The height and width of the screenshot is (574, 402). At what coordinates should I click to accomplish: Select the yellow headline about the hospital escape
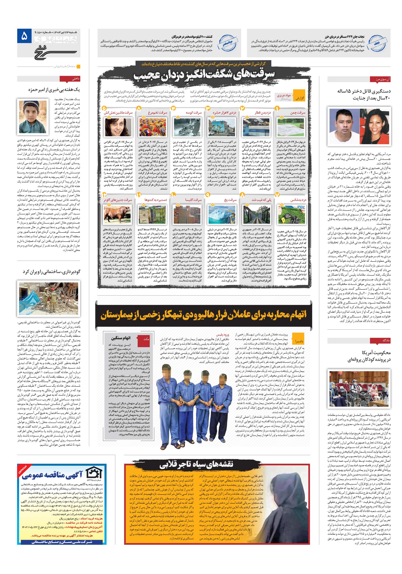tap(204, 316)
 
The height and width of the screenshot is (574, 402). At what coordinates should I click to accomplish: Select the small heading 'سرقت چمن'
tap(298, 113)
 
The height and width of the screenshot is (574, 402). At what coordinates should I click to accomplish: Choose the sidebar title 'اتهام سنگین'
tap(121, 338)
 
